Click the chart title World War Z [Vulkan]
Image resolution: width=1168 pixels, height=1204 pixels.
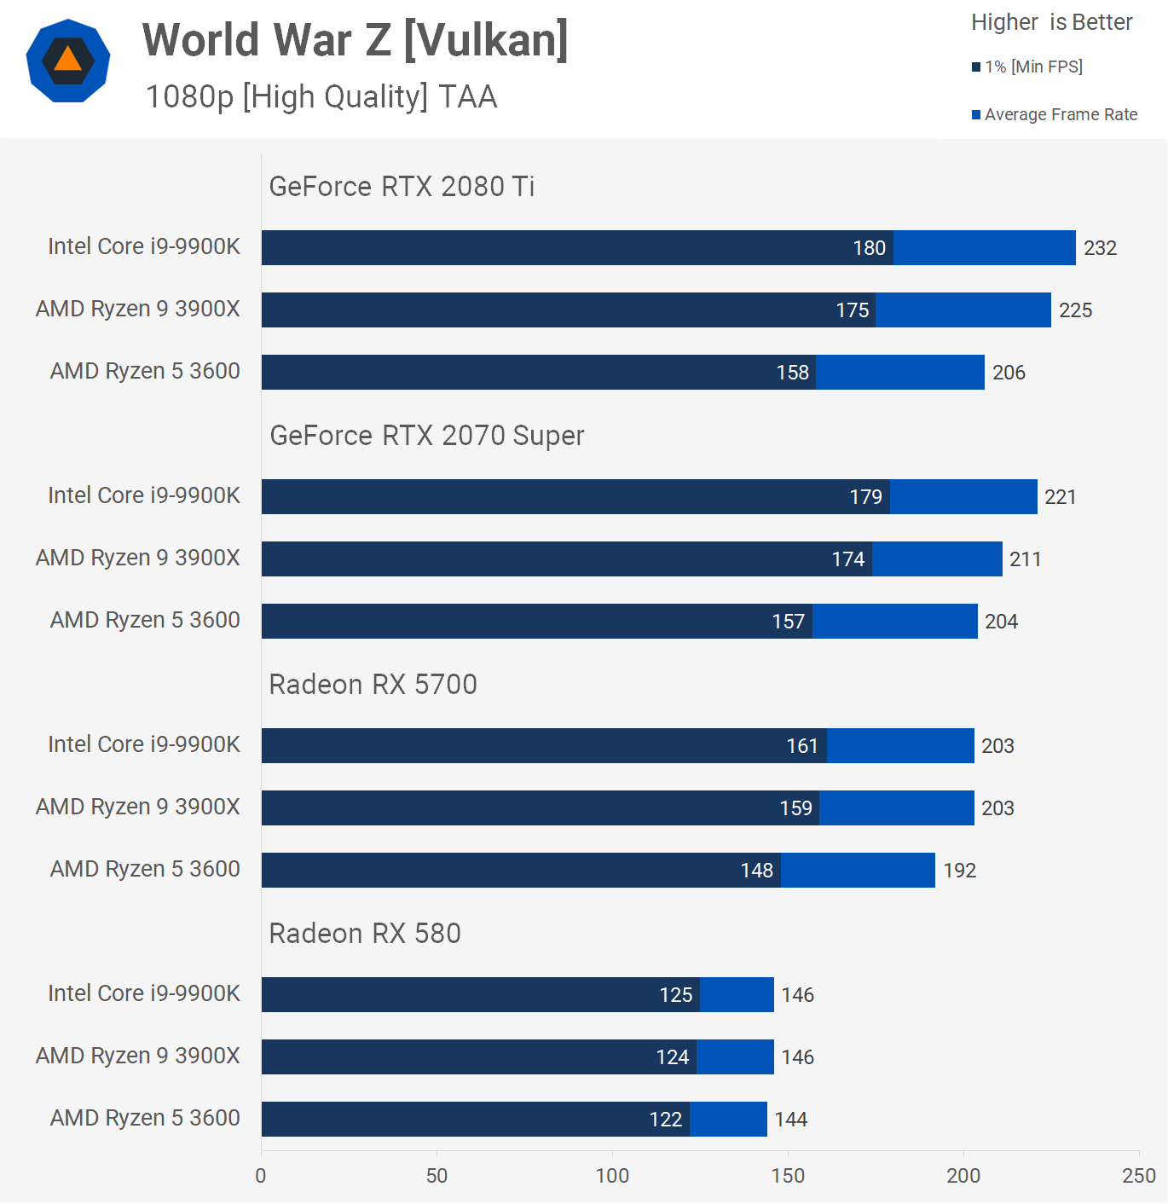[x=355, y=40]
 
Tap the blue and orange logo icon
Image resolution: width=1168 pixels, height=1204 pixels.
[x=68, y=61]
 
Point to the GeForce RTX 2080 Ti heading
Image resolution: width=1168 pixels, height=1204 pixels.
[x=402, y=186]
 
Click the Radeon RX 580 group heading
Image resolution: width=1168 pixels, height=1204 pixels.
[x=365, y=933]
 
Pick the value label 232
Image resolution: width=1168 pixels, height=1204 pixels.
[x=1100, y=248]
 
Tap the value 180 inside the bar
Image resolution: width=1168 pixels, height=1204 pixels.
[x=869, y=248]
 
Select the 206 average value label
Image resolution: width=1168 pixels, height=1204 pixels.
[x=1009, y=373]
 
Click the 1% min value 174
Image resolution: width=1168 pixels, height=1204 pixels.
[x=847, y=559]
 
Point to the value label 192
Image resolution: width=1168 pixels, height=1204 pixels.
[x=959, y=871]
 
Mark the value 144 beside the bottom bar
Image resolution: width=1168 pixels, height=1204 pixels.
[x=790, y=1120]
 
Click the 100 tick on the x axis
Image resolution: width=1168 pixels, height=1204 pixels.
[x=612, y=1176]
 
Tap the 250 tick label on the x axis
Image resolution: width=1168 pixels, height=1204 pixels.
[x=1138, y=1176]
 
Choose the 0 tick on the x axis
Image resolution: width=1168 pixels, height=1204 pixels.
[x=261, y=1176]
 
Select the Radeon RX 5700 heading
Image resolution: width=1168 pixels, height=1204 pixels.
[x=373, y=684]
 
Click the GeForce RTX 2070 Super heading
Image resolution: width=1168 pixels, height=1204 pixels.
[x=427, y=435]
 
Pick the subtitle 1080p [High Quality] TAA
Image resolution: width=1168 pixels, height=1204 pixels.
[x=321, y=96]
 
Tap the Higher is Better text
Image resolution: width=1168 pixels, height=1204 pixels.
[x=1051, y=22]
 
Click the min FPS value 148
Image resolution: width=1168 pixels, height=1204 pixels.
[x=756, y=871]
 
